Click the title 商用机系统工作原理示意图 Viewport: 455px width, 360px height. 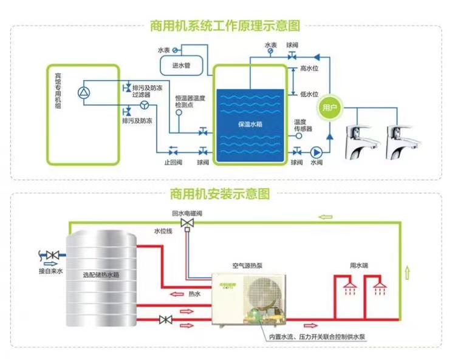(226, 26)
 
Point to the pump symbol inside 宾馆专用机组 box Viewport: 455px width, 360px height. (83, 92)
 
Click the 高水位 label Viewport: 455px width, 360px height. (309, 69)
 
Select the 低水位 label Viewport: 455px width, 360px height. (309, 94)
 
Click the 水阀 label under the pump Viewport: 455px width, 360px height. (316, 163)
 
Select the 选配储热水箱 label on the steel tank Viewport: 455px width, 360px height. (101, 275)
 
